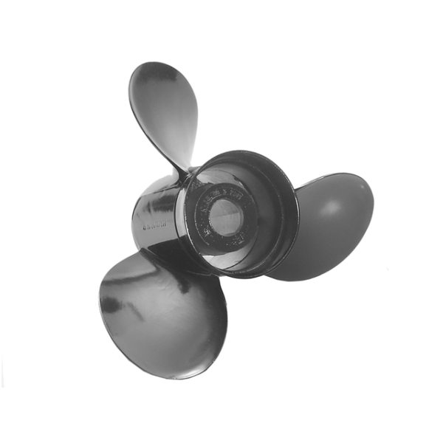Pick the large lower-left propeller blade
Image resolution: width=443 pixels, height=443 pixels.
click(159, 310)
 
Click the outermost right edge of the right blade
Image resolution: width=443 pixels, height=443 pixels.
click(372, 203)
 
